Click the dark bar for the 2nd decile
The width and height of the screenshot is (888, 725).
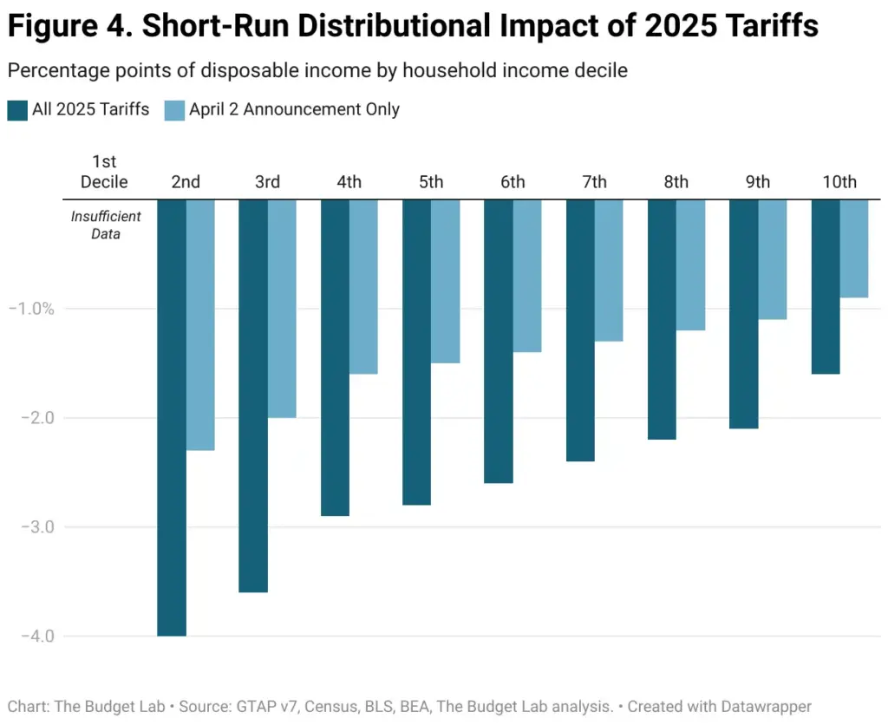pyautogui.click(x=172, y=417)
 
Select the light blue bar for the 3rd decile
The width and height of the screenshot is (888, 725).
pyautogui.click(x=282, y=308)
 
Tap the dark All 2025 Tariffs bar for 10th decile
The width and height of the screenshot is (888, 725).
pyautogui.click(x=826, y=286)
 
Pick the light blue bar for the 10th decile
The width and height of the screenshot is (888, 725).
pyautogui.click(x=854, y=249)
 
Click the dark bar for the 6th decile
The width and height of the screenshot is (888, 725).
pyautogui.click(x=499, y=341)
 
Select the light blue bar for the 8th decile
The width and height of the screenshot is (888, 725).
pyautogui.click(x=690, y=265)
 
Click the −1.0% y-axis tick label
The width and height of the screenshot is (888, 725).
pyautogui.click(x=31, y=309)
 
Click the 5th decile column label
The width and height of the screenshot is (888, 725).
pyautogui.click(x=431, y=182)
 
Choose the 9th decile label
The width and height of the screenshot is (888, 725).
pyautogui.click(x=758, y=182)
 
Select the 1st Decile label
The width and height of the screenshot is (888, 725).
pyautogui.click(x=104, y=172)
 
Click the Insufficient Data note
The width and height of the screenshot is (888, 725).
pyautogui.click(x=106, y=225)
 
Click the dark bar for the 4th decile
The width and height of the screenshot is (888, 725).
pyautogui.click(x=336, y=357)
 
